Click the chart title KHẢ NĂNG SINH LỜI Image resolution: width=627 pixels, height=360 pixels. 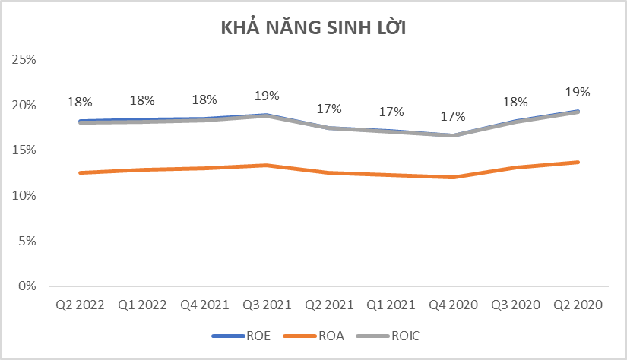coord(314,29)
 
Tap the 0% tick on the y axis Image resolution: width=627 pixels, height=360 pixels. coord(27,286)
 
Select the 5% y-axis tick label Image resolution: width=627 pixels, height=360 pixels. coord(27,242)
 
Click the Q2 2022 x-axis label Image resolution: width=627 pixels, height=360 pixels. coord(80,305)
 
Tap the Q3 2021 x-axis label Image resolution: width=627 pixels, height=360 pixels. coord(267,305)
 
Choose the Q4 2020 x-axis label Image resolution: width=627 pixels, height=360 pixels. coord(454,305)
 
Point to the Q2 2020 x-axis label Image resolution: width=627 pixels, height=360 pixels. coord(578,305)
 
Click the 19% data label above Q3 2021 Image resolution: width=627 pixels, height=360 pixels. coord(267,96)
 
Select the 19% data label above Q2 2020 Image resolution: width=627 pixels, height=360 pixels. coord(578,92)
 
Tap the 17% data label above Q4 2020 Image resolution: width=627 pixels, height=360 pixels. coord(454,116)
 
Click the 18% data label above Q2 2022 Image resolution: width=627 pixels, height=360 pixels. coord(80,101)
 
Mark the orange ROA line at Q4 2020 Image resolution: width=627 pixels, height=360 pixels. coord(454,177)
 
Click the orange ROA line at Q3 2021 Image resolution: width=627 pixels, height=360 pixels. coord(267,165)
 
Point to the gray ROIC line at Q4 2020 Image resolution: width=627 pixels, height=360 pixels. coord(454,135)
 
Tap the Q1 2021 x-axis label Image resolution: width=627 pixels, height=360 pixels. coord(391,305)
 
